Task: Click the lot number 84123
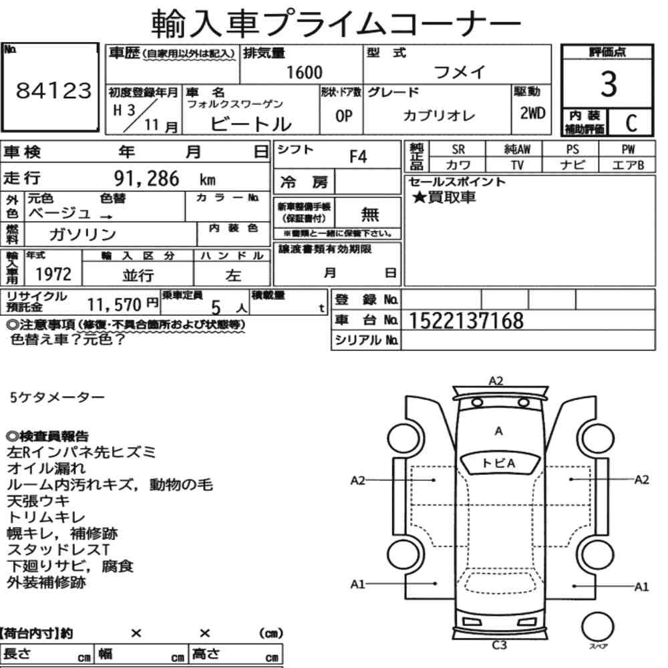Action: pos(53,91)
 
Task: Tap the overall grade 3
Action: pos(609,84)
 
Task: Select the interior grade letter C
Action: pos(631,123)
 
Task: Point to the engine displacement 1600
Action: pos(304,72)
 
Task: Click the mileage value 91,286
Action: pos(146,178)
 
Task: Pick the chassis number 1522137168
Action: pos(466,321)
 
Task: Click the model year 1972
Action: pos(53,275)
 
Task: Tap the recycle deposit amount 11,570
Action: pos(114,305)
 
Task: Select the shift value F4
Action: pos(358,157)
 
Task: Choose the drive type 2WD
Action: pos(532,114)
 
